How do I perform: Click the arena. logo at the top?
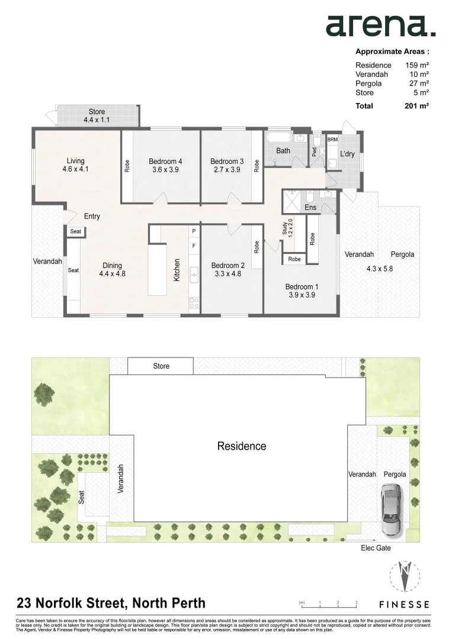[380, 25]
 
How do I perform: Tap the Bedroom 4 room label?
[165, 162]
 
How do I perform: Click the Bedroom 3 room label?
[227, 162]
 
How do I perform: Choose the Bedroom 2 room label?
[228, 266]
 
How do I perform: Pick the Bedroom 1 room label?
[302, 287]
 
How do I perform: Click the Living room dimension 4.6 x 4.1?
[75, 169]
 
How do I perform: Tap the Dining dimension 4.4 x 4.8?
[112, 274]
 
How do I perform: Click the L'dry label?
[347, 154]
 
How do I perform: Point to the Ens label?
[310, 208]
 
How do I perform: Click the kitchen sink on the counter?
[194, 274]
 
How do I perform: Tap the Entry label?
[92, 217]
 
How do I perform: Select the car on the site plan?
[391, 509]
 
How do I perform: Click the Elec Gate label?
[376, 548]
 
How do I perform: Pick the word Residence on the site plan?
[241, 446]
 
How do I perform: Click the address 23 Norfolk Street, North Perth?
[111, 603]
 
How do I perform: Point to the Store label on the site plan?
[161, 366]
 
